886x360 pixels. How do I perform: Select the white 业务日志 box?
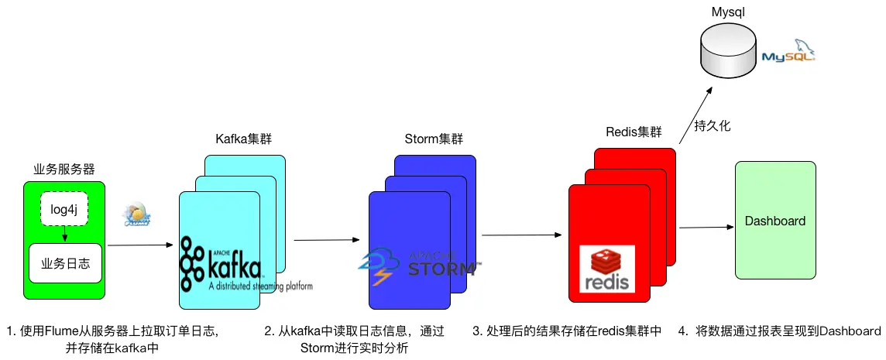click(x=65, y=263)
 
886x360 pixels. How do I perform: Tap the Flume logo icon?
click(x=137, y=217)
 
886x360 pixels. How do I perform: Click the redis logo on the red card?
click(x=607, y=269)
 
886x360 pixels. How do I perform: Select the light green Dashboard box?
click(x=774, y=221)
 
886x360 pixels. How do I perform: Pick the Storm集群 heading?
click(x=434, y=139)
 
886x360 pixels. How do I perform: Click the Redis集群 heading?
click(x=634, y=132)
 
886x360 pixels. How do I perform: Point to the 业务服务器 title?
click(x=64, y=169)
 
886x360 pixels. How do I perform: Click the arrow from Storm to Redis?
click(x=520, y=234)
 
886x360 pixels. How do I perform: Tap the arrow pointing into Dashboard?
click(x=706, y=228)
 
